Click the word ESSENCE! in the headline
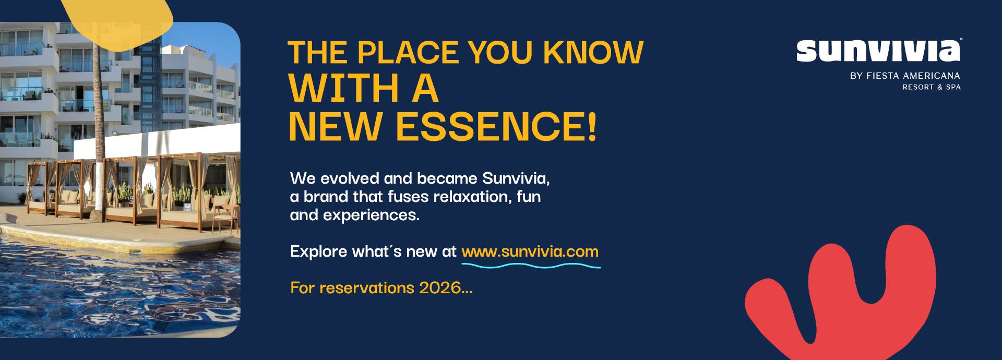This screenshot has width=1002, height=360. (x=496, y=127)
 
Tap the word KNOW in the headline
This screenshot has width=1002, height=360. (x=593, y=53)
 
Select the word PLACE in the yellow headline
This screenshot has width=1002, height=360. (x=409, y=53)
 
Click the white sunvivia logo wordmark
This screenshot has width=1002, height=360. (x=878, y=51)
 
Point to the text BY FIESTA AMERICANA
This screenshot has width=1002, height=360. (x=905, y=76)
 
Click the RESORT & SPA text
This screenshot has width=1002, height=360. (x=932, y=87)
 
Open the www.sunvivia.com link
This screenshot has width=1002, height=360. (x=530, y=251)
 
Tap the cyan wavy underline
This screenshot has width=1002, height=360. (x=531, y=266)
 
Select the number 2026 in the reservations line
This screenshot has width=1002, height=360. (x=440, y=287)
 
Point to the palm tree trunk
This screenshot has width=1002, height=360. (x=98, y=130)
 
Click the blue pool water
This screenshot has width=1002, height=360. (x=104, y=292)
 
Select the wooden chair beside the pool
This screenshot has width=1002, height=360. (x=224, y=217)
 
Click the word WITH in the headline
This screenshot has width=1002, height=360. (x=344, y=89)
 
